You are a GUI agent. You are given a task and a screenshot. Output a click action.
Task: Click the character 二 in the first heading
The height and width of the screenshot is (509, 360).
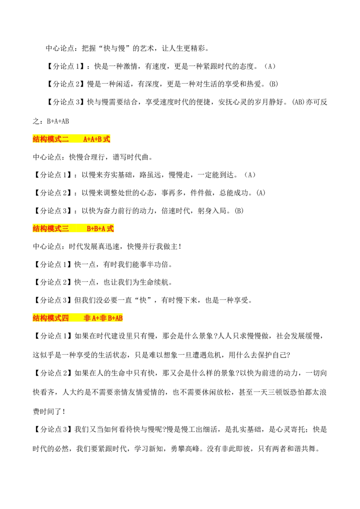coord(65,139)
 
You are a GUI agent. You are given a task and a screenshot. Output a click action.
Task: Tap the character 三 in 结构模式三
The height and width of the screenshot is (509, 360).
coord(65,228)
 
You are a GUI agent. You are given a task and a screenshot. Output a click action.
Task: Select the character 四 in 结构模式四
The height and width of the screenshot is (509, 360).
coord(65,318)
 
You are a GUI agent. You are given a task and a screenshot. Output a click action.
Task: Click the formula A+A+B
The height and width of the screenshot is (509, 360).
coord(93,139)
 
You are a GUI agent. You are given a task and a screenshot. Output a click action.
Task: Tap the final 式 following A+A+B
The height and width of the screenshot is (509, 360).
coord(107,139)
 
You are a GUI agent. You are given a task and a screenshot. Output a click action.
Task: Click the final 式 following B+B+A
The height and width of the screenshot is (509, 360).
coord(110,228)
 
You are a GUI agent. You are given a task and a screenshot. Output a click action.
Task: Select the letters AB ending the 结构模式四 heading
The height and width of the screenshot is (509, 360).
coord(119,318)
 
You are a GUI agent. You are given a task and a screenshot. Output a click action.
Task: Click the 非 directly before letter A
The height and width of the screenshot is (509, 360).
coord(87,318)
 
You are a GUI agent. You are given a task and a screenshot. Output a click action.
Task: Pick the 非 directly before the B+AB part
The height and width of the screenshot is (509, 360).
coord(103,318)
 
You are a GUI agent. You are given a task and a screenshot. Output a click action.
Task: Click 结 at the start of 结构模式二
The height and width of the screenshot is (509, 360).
coord(36,139)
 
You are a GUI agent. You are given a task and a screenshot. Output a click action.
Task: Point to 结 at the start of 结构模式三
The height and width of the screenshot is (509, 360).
coord(36,228)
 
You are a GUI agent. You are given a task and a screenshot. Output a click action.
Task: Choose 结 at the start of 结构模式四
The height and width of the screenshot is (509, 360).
coord(36,318)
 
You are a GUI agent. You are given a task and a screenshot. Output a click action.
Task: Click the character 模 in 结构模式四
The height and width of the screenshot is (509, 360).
coord(51,318)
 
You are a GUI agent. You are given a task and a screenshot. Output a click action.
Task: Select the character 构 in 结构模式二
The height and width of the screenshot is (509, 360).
coord(44,139)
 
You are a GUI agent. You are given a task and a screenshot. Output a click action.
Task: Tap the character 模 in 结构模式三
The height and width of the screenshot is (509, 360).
coord(51,228)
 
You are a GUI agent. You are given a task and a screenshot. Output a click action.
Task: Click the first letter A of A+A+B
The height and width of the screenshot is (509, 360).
coord(85,139)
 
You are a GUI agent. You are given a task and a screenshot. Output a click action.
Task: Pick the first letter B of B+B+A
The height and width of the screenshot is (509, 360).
coord(89,228)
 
